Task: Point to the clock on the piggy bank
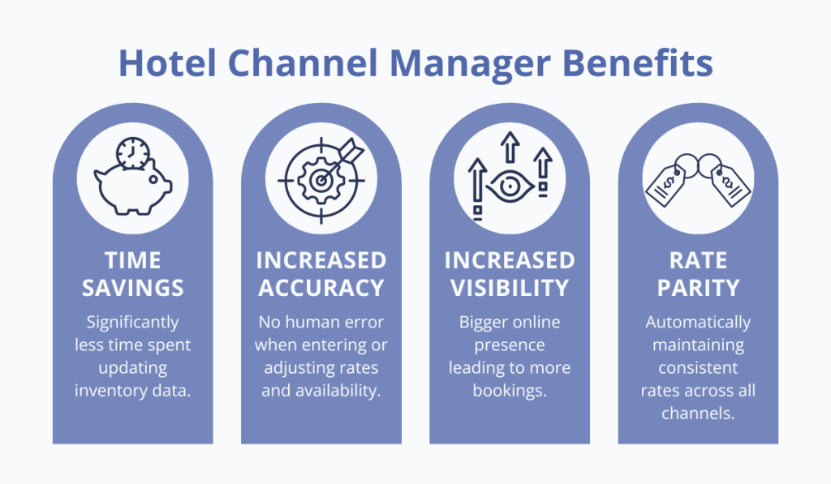tap(131, 153)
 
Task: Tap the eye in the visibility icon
tap(510, 186)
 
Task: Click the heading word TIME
tap(133, 260)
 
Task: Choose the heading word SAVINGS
tap(133, 287)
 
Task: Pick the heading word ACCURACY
tap(321, 287)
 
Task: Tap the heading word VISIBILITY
tap(510, 287)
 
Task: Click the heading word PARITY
tap(698, 287)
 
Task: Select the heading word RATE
tap(698, 260)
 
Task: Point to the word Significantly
tap(133, 323)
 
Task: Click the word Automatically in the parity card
tap(698, 323)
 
